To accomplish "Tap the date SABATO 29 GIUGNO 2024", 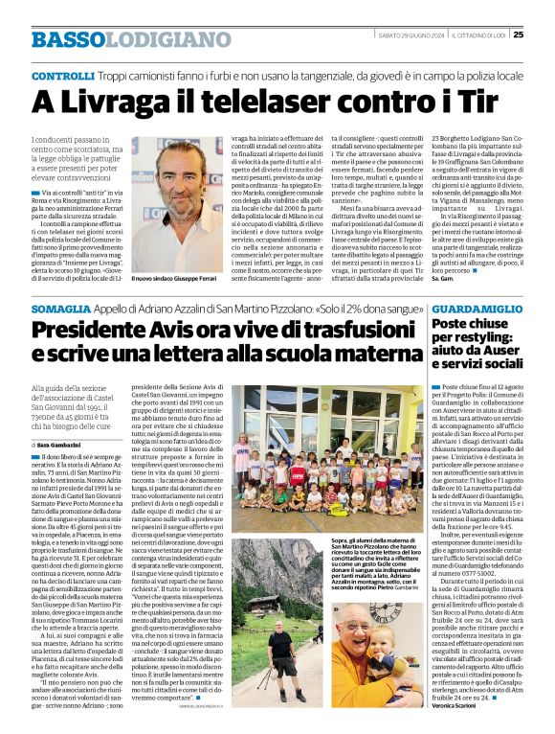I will pyautogui.click(x=413, y=36).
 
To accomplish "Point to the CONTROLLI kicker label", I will pyautogui.click(x=62, y=75).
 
